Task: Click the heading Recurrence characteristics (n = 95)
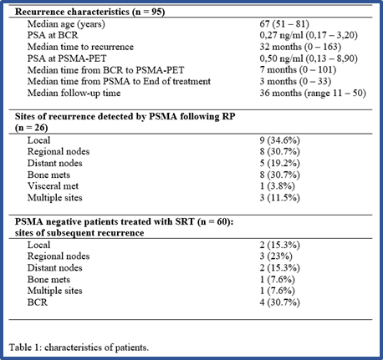pyautogui.click(x=89, y=12)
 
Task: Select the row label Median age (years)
pyautogui.click(x=66, y=24)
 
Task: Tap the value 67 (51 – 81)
pyautogui.click(x=284, y=24)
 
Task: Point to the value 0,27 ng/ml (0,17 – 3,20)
pyautogui.click(x=309, y=35)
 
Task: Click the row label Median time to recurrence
pyautogui.click(x=80, y=47)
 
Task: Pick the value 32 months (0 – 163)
pyautogui.click(x=300, y=47)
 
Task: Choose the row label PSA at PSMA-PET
pyautogui.click(x=67, y=58)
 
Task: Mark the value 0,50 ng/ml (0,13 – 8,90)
pyautogui.click(x=309, y=58)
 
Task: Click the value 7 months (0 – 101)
pyautogui.click(x=298, y=70)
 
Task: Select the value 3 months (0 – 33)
pyautogui.click(x=295, y=82)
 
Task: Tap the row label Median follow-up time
pyautogui.click(x=74, y=93)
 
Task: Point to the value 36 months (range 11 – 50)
pyautogui.click(x=313, y=93)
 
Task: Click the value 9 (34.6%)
pyautogui.click(x=280, y=140)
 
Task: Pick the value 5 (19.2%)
pyautogui.click(x=280, y=164)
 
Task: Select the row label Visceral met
pyautogui.click(x=53, y=186)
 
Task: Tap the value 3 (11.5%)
pyautogui.click(x=280, y=198)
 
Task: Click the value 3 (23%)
pyautogui.click(x=276, y=256)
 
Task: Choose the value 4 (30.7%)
pyautogui.click(x=280, y=302)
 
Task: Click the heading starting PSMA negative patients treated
pyautogui.click(x=125, y=227)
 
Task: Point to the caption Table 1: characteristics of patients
pyautogui.click(x=79, y=347)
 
